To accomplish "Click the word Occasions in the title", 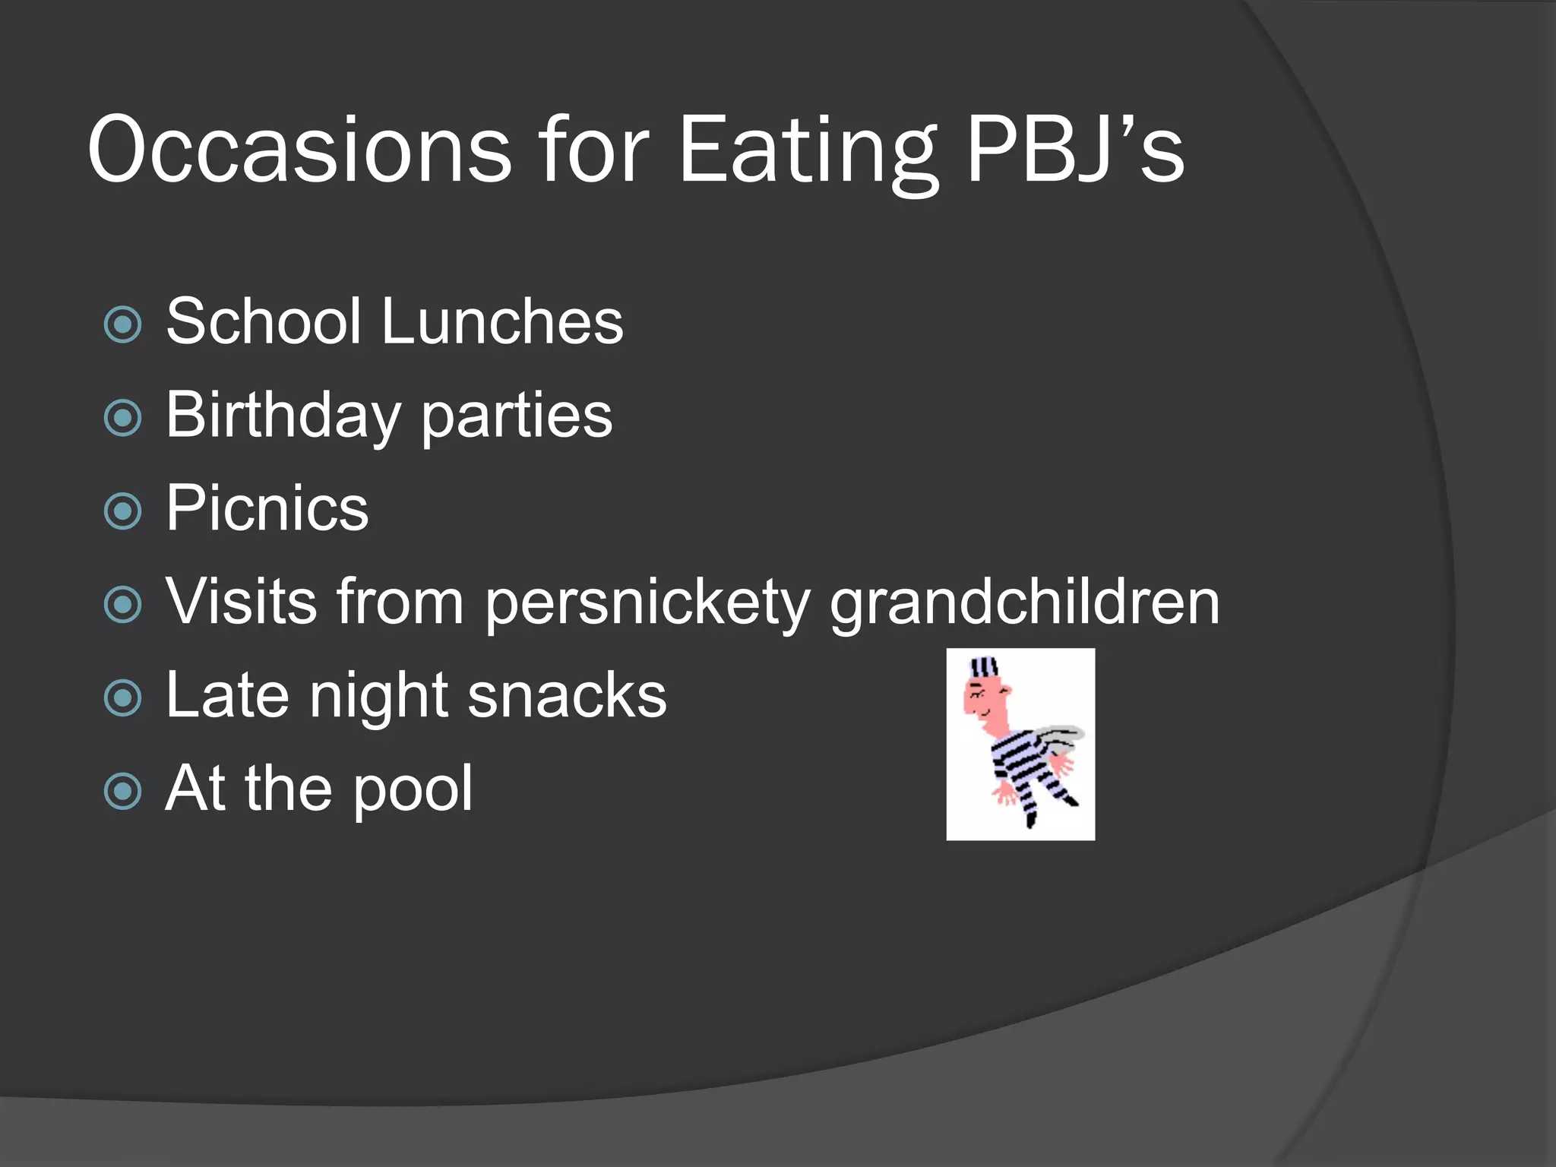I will tap(299, 150).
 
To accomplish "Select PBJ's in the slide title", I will tap(1074, 150).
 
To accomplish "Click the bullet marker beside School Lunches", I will tap(123, 325).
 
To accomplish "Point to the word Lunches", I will tap(502, 322).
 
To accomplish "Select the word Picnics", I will tap(267, 508).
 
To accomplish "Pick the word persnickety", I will tap(647, 602).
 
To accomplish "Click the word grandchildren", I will tap(1024, 601).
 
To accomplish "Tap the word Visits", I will tap(241, 601).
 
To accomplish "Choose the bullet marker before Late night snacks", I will tap(123, 698).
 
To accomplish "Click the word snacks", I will tap(567, 695).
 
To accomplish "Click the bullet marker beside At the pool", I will tap(123, 792).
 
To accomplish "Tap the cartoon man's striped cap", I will tap(985, 669).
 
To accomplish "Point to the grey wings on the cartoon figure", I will tap(1059, 737).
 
